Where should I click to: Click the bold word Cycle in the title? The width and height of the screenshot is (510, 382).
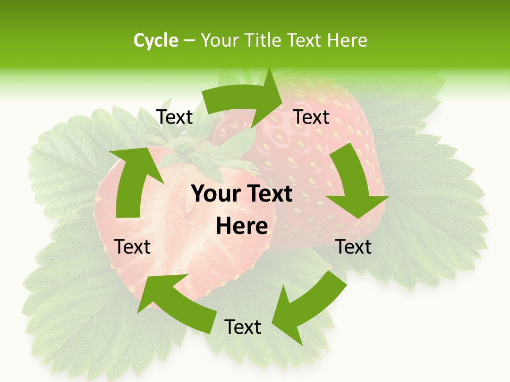[x=156, y=40]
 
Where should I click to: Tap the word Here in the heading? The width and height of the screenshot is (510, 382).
[x=347, y=40]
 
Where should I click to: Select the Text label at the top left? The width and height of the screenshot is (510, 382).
[x=175, y=117]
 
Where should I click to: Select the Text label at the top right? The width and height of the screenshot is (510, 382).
[x=311, y=117]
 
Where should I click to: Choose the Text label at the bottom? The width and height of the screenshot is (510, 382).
[x=243, y=327]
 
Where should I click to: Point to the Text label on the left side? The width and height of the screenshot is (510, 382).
[x=132, y=247]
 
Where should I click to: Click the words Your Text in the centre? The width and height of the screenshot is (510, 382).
[x=242, y=194]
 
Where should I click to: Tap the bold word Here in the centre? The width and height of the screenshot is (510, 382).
[x=242, y=227]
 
